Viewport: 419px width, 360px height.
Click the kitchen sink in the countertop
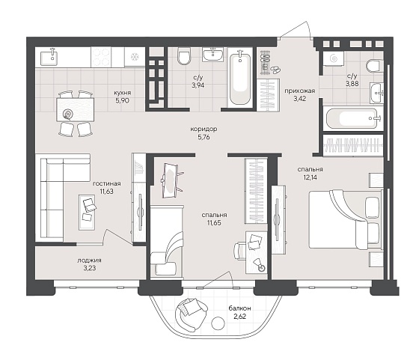coord(49,57)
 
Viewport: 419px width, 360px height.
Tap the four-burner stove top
coord(101,57)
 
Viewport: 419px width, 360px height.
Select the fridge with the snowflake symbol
coord(135,57)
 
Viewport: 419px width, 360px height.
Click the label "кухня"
coord(123,93)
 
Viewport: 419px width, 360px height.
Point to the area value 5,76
coord(204,138)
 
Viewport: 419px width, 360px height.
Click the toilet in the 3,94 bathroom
coord(183,56)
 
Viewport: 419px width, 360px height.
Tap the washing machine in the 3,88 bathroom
coord(333,58)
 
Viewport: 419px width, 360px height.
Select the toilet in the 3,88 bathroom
coord(374,66)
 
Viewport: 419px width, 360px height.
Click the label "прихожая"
coord(299,91)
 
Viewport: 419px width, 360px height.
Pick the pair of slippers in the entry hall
coord(275,70)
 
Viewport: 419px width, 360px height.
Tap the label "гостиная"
coord(106,183)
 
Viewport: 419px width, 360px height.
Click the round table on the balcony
coord(218,323)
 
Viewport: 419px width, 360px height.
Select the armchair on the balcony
coord(191,314)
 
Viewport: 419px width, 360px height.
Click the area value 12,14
coord(311,177)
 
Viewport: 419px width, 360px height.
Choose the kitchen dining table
coord(76,109)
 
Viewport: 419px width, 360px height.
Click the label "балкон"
coord(239,308)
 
